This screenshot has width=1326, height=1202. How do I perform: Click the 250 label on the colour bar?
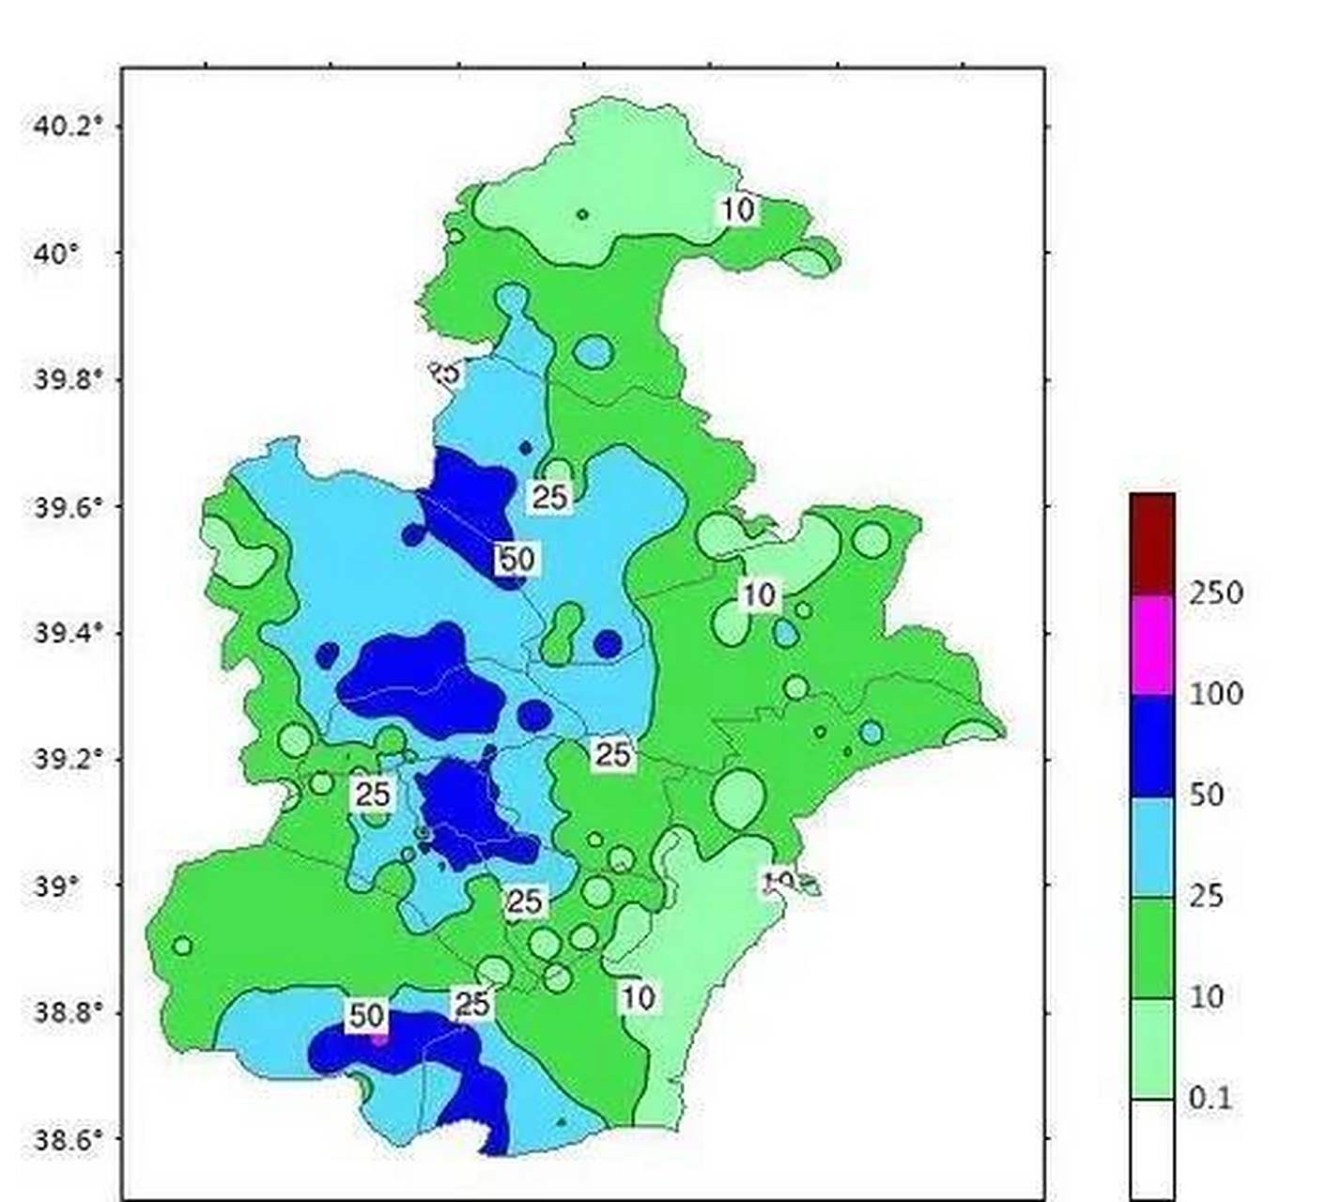pyautogui.click(x=1216, y=593)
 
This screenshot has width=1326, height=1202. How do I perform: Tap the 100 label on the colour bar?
pyautogui.click(x=1216, y=694)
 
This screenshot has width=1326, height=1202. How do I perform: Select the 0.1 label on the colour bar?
pyautogui.click(x=1210, y=1098)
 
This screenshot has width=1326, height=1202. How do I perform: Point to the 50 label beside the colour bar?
pyautogui.click(x=1207, y=795)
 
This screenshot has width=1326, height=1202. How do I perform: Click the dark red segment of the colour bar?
pyautogui.click(x=1152, y=544)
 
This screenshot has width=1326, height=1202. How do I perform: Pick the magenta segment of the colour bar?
pyautogui.click(x=1152, y=644)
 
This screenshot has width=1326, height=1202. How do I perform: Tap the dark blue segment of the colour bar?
pyautogui.click(x=1152, y=746)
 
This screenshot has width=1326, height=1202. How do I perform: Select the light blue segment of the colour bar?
pyautogui.click(x=1152, y=847)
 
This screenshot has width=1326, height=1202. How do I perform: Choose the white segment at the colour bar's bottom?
pyautogui.click(x=1152, y=1148)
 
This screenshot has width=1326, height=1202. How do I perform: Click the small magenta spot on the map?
pyautogui.click(x=378, y=1039)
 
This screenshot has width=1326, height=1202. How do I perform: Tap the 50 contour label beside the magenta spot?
pyautogui.click(x=367, y=1015)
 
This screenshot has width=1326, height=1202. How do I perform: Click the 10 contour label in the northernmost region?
pyautogui.click(x=738, y=209)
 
